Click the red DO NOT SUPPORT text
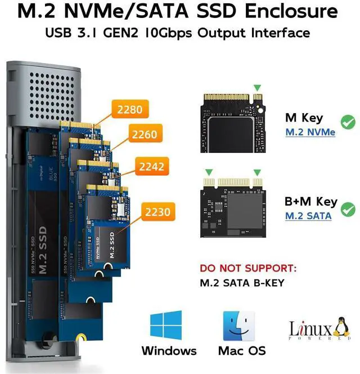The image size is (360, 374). (x=248, y=268)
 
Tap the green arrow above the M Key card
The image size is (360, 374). (x=258, y=87)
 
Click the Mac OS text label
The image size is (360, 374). (x=242, y=351)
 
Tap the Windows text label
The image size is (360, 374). (x=169, y=351)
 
